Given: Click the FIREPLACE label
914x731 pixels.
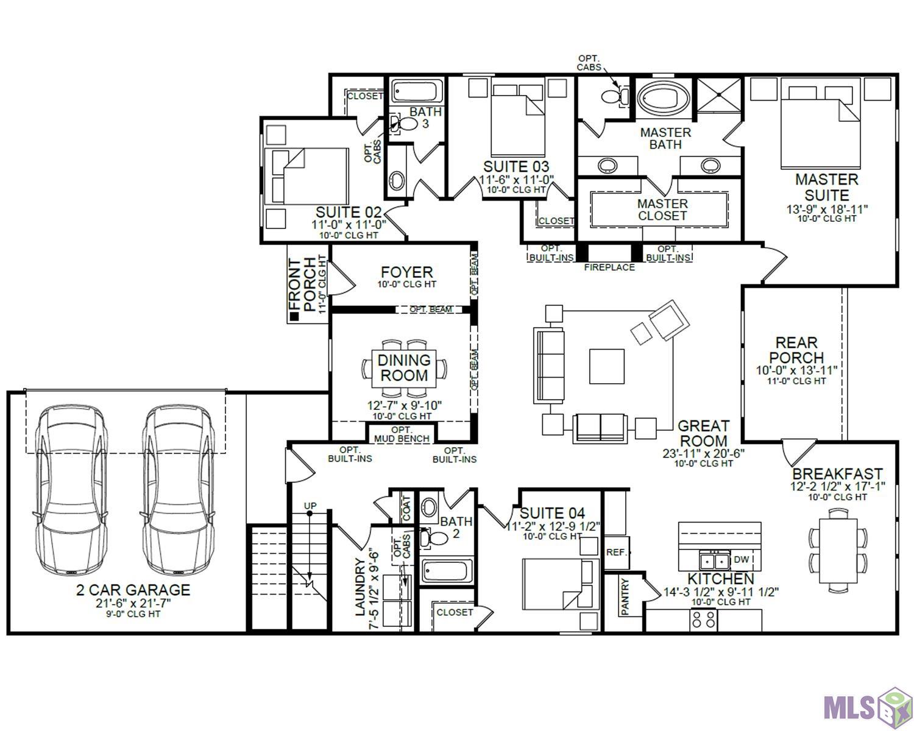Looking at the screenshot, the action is point(609,267).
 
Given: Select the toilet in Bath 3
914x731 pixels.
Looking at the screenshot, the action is point(404,123).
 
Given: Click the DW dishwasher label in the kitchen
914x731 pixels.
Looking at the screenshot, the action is point(741,559).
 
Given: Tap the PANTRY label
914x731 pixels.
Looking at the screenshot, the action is point(625,596).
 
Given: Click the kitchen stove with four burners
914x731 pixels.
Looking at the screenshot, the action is point(703,620).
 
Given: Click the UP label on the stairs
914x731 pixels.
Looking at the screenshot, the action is point(310,506).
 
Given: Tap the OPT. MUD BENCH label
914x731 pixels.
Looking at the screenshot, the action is point(402,434).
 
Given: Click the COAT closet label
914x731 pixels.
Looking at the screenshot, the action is point(406,509).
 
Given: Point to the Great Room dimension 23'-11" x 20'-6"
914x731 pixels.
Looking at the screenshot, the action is point(703,454).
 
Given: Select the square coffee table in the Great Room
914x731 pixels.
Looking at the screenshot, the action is point(606,366).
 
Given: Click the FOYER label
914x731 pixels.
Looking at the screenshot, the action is point(406,272).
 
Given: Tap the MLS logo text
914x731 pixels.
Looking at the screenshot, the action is point(849,707).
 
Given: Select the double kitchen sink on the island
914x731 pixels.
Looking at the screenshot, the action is point(715,560).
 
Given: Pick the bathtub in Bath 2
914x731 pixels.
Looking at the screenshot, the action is point(447,571).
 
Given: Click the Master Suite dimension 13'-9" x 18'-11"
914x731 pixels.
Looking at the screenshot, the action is point(826,210).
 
